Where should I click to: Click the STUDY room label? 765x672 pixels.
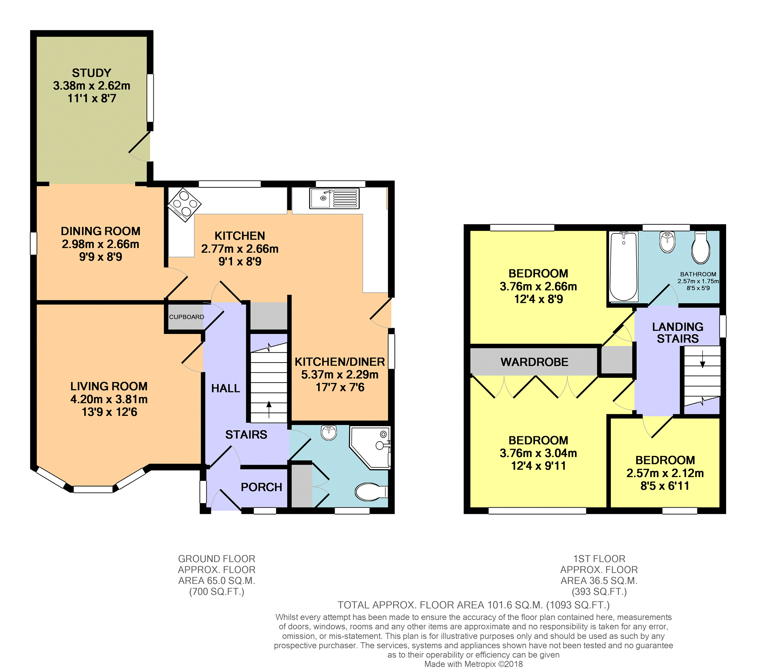point(91,73)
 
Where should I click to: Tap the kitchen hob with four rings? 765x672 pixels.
point(184,204)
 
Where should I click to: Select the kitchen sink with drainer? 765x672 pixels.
point(334,198)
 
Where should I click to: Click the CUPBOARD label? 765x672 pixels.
point(186,317)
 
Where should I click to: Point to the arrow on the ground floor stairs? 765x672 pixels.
point(269,409)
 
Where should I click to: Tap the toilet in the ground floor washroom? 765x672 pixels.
point(371,492)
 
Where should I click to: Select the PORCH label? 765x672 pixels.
point(261,487)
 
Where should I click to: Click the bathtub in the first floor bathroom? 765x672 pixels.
point(623,266)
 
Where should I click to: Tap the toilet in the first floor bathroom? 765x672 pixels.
point(701,248)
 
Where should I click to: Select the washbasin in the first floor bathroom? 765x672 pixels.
point(668,242)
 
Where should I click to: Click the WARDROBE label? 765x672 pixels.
point(534,362)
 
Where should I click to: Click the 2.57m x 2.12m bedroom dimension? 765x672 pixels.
point(665,473)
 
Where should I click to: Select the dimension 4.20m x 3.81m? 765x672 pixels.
point(109,399)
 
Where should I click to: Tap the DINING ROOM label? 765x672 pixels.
point(100,231)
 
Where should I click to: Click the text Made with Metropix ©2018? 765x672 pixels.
point(473,664)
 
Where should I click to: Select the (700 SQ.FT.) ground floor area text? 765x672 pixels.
point(216,592)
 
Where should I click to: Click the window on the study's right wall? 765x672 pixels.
point(150,98)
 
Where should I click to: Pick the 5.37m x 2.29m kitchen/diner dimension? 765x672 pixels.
point(340,375)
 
